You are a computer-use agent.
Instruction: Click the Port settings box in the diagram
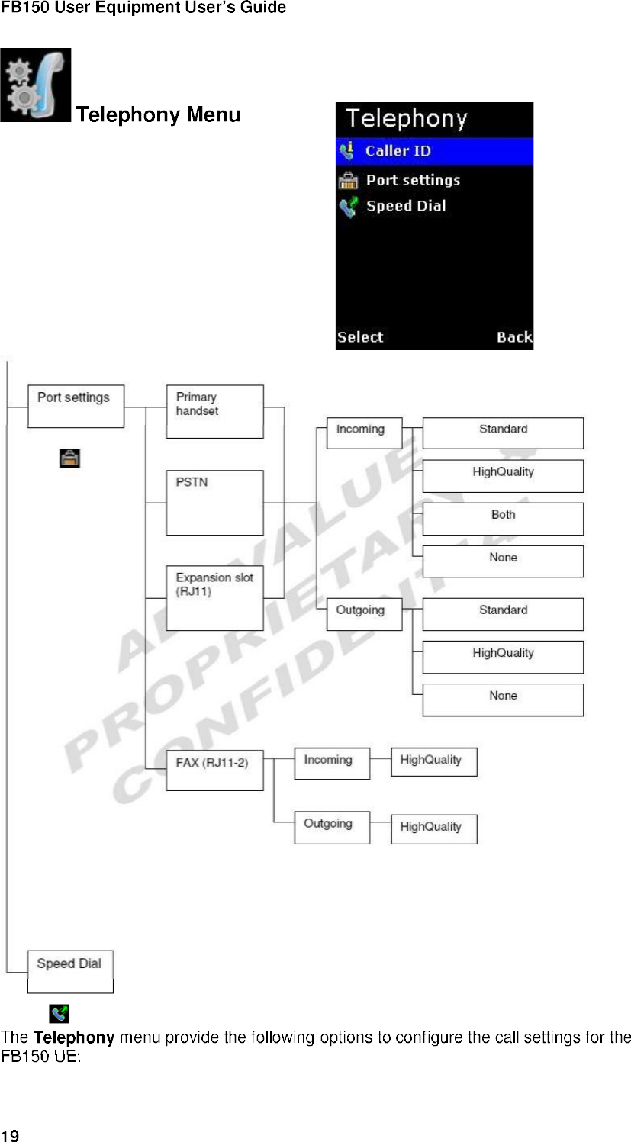pos(76,406)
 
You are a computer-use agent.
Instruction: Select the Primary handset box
pos(214,411)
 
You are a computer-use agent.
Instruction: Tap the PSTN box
pos(214,502)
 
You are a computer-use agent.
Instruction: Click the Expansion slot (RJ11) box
pos(214,597)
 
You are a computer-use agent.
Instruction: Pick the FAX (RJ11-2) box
pos(214,770)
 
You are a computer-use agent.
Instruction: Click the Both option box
pos(503,518)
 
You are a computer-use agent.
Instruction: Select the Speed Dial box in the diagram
pos(70,971)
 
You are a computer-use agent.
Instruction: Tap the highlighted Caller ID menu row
pos(434,151)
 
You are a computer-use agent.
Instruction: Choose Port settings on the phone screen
pos(413,181)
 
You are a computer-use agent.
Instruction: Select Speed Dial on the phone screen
pos(405,206)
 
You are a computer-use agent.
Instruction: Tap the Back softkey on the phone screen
pos(513,337)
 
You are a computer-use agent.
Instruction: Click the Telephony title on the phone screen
pos(406,119)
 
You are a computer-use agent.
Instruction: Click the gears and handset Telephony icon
pos(36,85)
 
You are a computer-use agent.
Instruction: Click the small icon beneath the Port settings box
pos(69,458)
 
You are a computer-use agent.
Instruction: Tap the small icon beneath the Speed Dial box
pos(59,1013)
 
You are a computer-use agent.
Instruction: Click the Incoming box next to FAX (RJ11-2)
pos(332,763)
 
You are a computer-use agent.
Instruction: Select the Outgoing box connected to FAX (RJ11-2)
pos(332,828)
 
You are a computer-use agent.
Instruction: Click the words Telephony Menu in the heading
pos(159,115)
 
